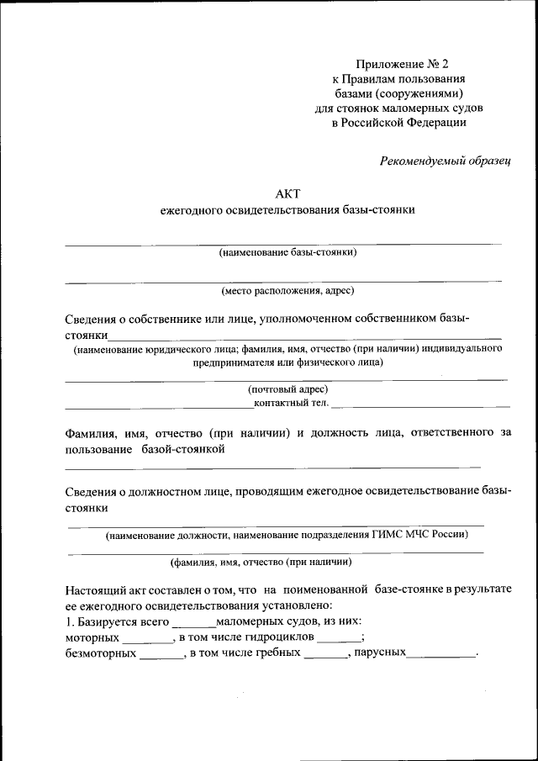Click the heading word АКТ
(x=287, y=193)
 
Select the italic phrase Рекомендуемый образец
(x=446, y=160)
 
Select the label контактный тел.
(x=291, y=403)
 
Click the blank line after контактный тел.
(x=420, y=404)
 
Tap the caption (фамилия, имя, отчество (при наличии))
(x=261, y=562)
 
